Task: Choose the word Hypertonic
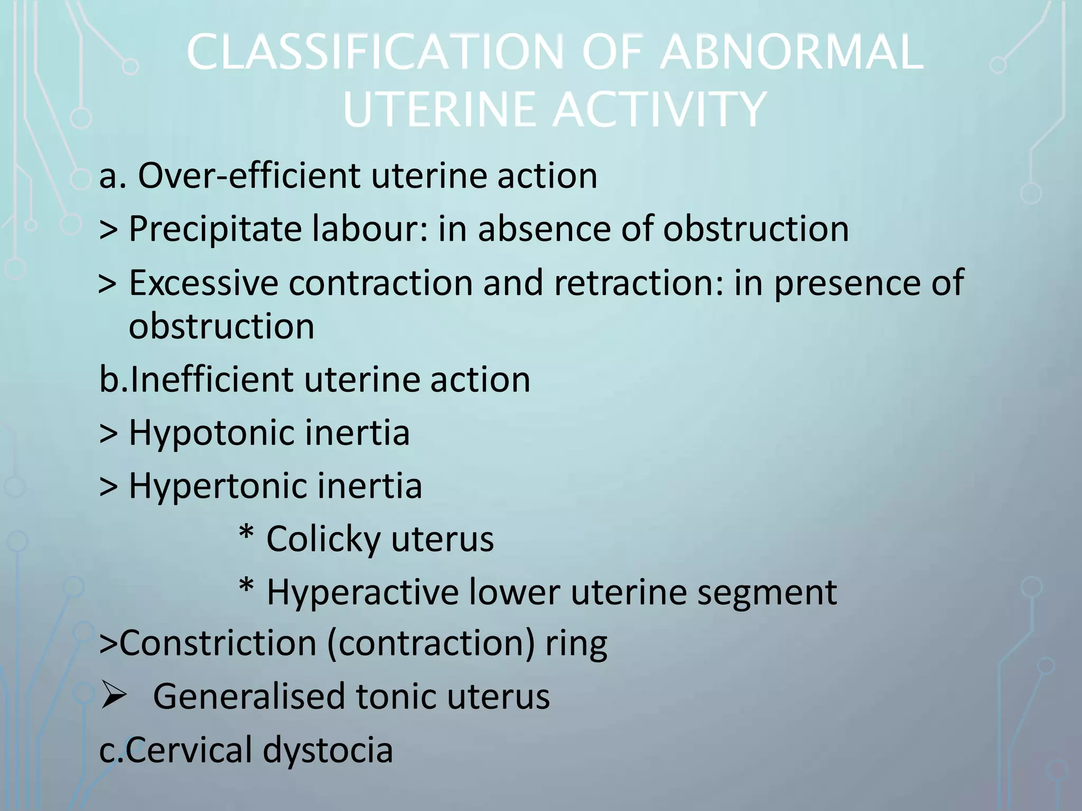point(217,486)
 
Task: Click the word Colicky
point(323,539)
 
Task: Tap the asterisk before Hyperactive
point(246,587)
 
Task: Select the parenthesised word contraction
point(431,644)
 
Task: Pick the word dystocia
point(328,750)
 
